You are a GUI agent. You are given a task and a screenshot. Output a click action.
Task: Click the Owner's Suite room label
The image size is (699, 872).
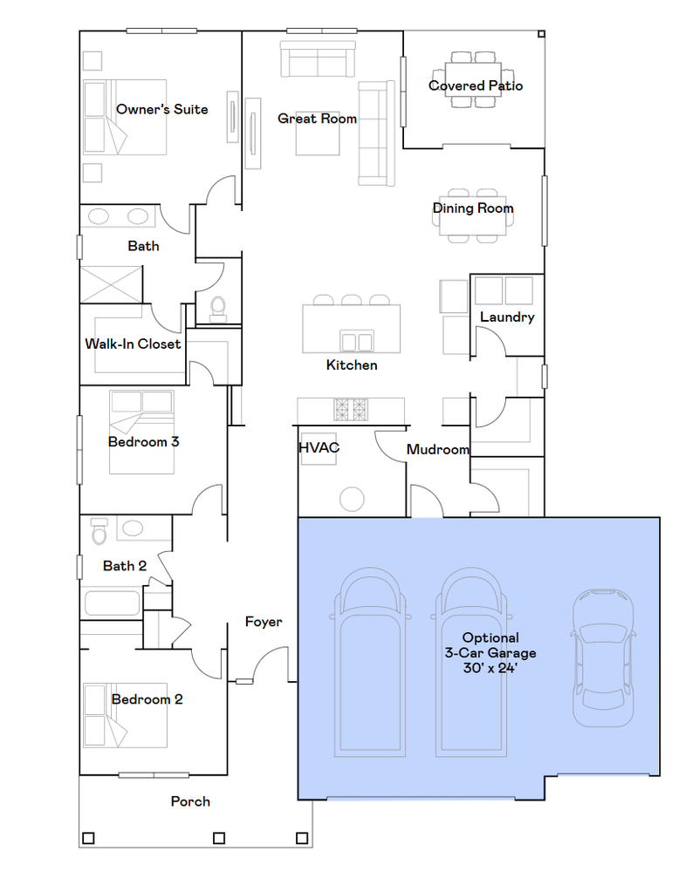pos(162,109)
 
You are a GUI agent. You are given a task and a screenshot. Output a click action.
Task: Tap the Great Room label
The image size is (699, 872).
pos(318,119)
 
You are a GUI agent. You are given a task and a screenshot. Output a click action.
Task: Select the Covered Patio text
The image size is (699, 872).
pos(476,85)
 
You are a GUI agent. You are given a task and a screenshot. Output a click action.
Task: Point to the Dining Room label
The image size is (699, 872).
pos(473,208)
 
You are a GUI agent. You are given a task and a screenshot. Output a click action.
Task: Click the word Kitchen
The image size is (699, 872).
pos(352,364)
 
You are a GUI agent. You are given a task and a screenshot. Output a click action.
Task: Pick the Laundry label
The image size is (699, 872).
pos(507,317)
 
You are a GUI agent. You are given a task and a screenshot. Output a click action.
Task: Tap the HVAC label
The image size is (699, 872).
pos(319,447)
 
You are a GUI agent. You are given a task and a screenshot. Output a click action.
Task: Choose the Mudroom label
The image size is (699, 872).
pos(438,449)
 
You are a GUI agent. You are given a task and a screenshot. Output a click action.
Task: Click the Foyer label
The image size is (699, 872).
pos(264,622)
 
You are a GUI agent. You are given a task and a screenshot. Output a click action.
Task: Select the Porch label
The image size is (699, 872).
pos(190,801)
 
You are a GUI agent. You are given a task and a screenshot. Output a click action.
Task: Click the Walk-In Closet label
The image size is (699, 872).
pos(133,344)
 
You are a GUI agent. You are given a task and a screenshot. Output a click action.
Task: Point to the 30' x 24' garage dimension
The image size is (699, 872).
pos(490,667)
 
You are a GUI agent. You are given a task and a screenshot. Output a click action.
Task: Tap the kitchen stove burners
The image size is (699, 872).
pos(351,410)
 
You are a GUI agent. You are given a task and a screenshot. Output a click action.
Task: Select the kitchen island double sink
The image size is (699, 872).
pos(357,341)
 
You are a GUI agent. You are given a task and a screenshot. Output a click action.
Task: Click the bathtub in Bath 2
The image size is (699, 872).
pos(112,603)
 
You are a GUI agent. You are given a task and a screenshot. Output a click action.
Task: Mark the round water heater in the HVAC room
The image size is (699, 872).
pos(352,499)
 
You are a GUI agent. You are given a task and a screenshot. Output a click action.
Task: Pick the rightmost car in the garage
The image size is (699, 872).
pos(603,657)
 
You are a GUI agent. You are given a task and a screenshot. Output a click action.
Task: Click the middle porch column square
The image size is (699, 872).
pos(219,838)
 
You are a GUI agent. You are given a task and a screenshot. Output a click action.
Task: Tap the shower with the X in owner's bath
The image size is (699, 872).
pos(112,285)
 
